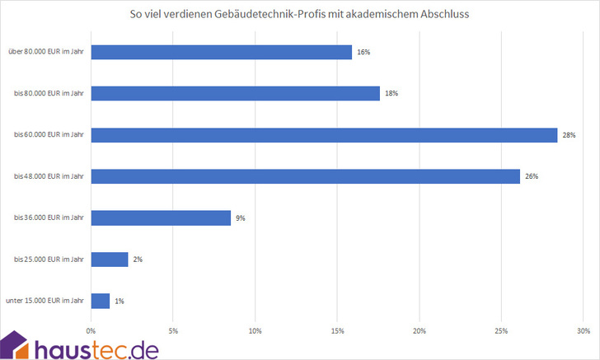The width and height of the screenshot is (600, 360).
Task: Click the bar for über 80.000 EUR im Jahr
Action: point(221,52)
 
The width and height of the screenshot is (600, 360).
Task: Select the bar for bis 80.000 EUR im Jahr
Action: point(235,93)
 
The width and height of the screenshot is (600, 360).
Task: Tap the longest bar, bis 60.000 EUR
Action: point(324,135)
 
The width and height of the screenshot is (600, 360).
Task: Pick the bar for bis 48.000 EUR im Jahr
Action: point(305,176)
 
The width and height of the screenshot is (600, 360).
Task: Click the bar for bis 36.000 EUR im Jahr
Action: point(161,218)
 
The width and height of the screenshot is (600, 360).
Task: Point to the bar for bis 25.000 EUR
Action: point(110,259)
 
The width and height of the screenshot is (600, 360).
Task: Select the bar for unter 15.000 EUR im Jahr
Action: point(101,301)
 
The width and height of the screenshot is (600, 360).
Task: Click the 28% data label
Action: point(569,135)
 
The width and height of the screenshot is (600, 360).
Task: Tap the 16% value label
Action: point(364,52)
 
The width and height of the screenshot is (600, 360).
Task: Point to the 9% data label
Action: point(241,218)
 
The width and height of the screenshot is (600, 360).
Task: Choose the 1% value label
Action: point(120,301)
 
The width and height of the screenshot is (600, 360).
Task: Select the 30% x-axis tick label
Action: point(583,331)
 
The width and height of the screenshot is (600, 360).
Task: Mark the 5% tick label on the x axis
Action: point(173,331)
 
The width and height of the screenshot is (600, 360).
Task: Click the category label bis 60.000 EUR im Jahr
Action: point(49,135)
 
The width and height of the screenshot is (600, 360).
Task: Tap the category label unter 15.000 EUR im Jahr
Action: point(46,302)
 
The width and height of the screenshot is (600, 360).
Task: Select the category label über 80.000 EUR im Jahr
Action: point(47,52)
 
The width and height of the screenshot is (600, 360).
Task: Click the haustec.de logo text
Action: point(97,348)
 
